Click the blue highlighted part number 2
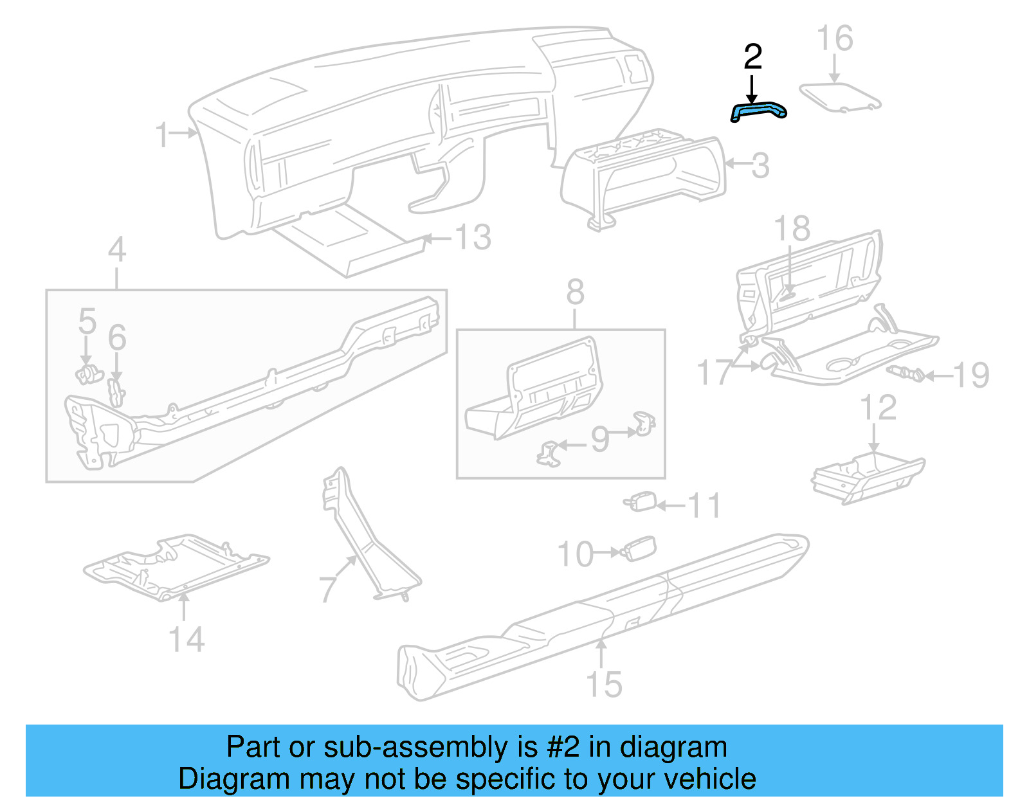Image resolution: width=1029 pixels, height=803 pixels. point(759,111)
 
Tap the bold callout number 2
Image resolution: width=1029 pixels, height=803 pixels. point(752,58)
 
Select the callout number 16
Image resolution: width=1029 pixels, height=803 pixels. point(835,39)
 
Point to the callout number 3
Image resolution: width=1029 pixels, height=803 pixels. point(760,166)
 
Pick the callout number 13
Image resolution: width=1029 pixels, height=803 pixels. point(473,237)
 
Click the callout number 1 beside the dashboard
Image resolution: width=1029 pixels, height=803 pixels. point(163,134)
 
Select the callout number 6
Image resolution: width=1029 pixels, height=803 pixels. point(117,338)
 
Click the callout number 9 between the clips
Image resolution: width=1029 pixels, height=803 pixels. point(599,439)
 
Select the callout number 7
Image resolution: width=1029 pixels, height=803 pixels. point(329,588)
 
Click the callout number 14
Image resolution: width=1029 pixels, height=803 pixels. point(186,640)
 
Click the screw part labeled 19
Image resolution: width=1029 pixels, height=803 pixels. point(906,373)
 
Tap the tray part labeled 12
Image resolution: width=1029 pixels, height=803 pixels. point(868,479)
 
